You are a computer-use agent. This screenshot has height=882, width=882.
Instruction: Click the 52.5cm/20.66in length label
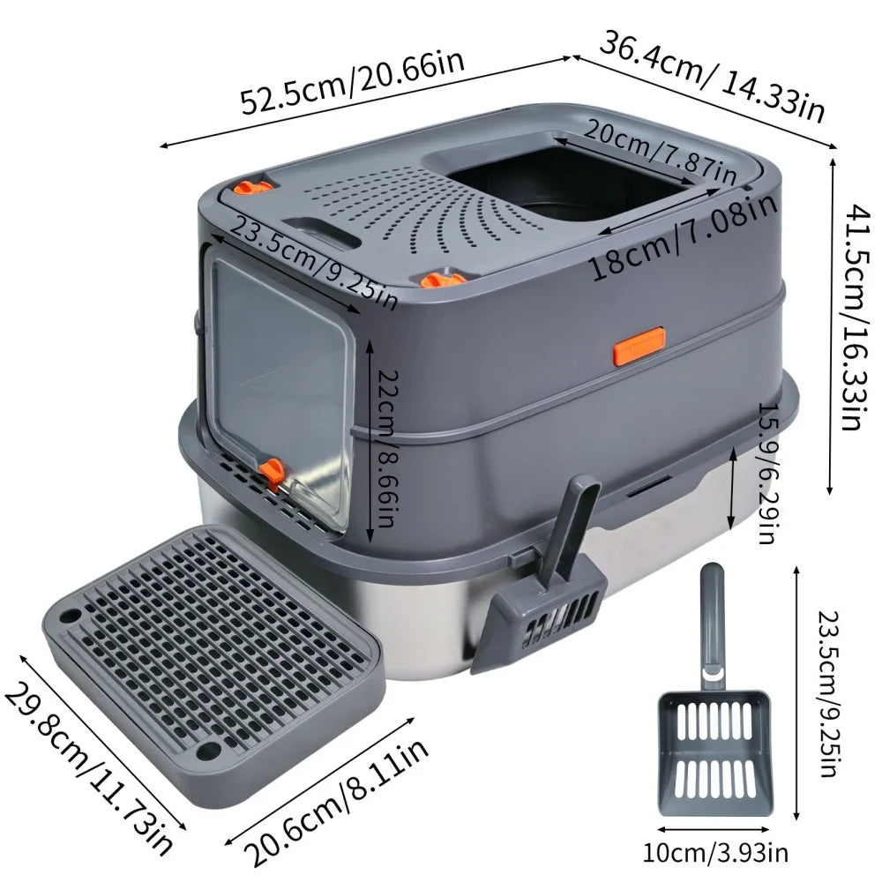pos(353,86)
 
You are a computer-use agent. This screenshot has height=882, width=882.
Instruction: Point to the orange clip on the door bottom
pos(273,474)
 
